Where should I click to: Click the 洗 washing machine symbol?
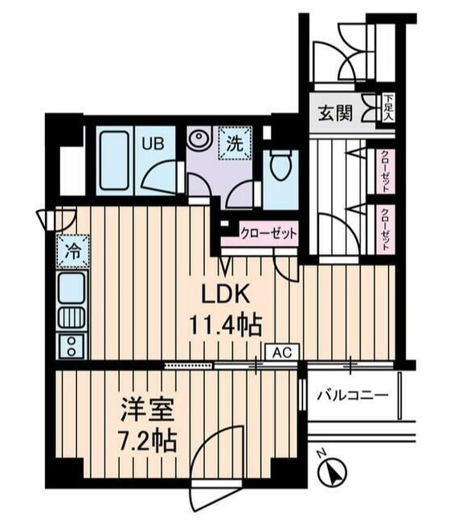[235, 146]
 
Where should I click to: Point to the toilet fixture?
[280, 166]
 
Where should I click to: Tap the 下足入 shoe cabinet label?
[388, 107]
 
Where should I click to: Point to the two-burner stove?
[72, 347]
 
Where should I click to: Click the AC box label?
[280, 351]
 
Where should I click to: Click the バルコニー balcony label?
[352, 396]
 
